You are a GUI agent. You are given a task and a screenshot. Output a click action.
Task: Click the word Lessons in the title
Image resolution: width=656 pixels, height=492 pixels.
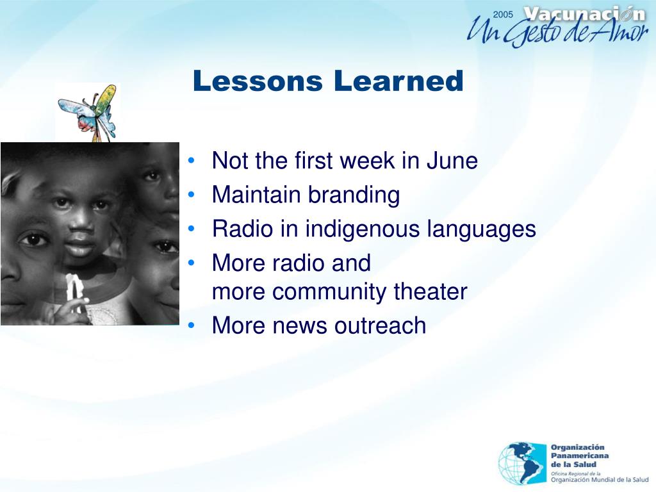(x=258, y=81)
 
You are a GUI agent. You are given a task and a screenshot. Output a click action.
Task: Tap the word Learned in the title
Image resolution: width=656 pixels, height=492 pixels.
(x=398, y=81)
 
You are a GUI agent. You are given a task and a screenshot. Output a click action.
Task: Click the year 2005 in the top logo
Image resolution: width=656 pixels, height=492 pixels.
(x=503, y=15)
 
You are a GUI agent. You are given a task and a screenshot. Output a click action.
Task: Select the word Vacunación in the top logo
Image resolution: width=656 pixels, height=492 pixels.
(x=584, y=15)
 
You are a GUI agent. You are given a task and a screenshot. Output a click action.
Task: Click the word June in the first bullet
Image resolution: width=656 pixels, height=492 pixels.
(x=452, y=161)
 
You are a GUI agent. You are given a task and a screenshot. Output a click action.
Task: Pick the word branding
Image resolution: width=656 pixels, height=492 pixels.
(x=354, y=195)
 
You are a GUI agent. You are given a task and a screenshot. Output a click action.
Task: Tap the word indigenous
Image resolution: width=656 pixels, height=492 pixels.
(x=363, y=229)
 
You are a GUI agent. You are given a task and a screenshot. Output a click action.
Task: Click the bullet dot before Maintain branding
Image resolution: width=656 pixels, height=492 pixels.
(x=192, y=195)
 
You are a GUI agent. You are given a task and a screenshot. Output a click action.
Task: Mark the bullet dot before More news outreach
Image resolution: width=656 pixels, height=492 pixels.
(x=192, y=325)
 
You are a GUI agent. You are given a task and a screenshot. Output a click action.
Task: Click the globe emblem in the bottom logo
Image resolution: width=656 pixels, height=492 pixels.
(x=522, y=463)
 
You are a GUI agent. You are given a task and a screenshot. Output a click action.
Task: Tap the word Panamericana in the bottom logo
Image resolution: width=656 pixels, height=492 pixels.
(x=580, y=456)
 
